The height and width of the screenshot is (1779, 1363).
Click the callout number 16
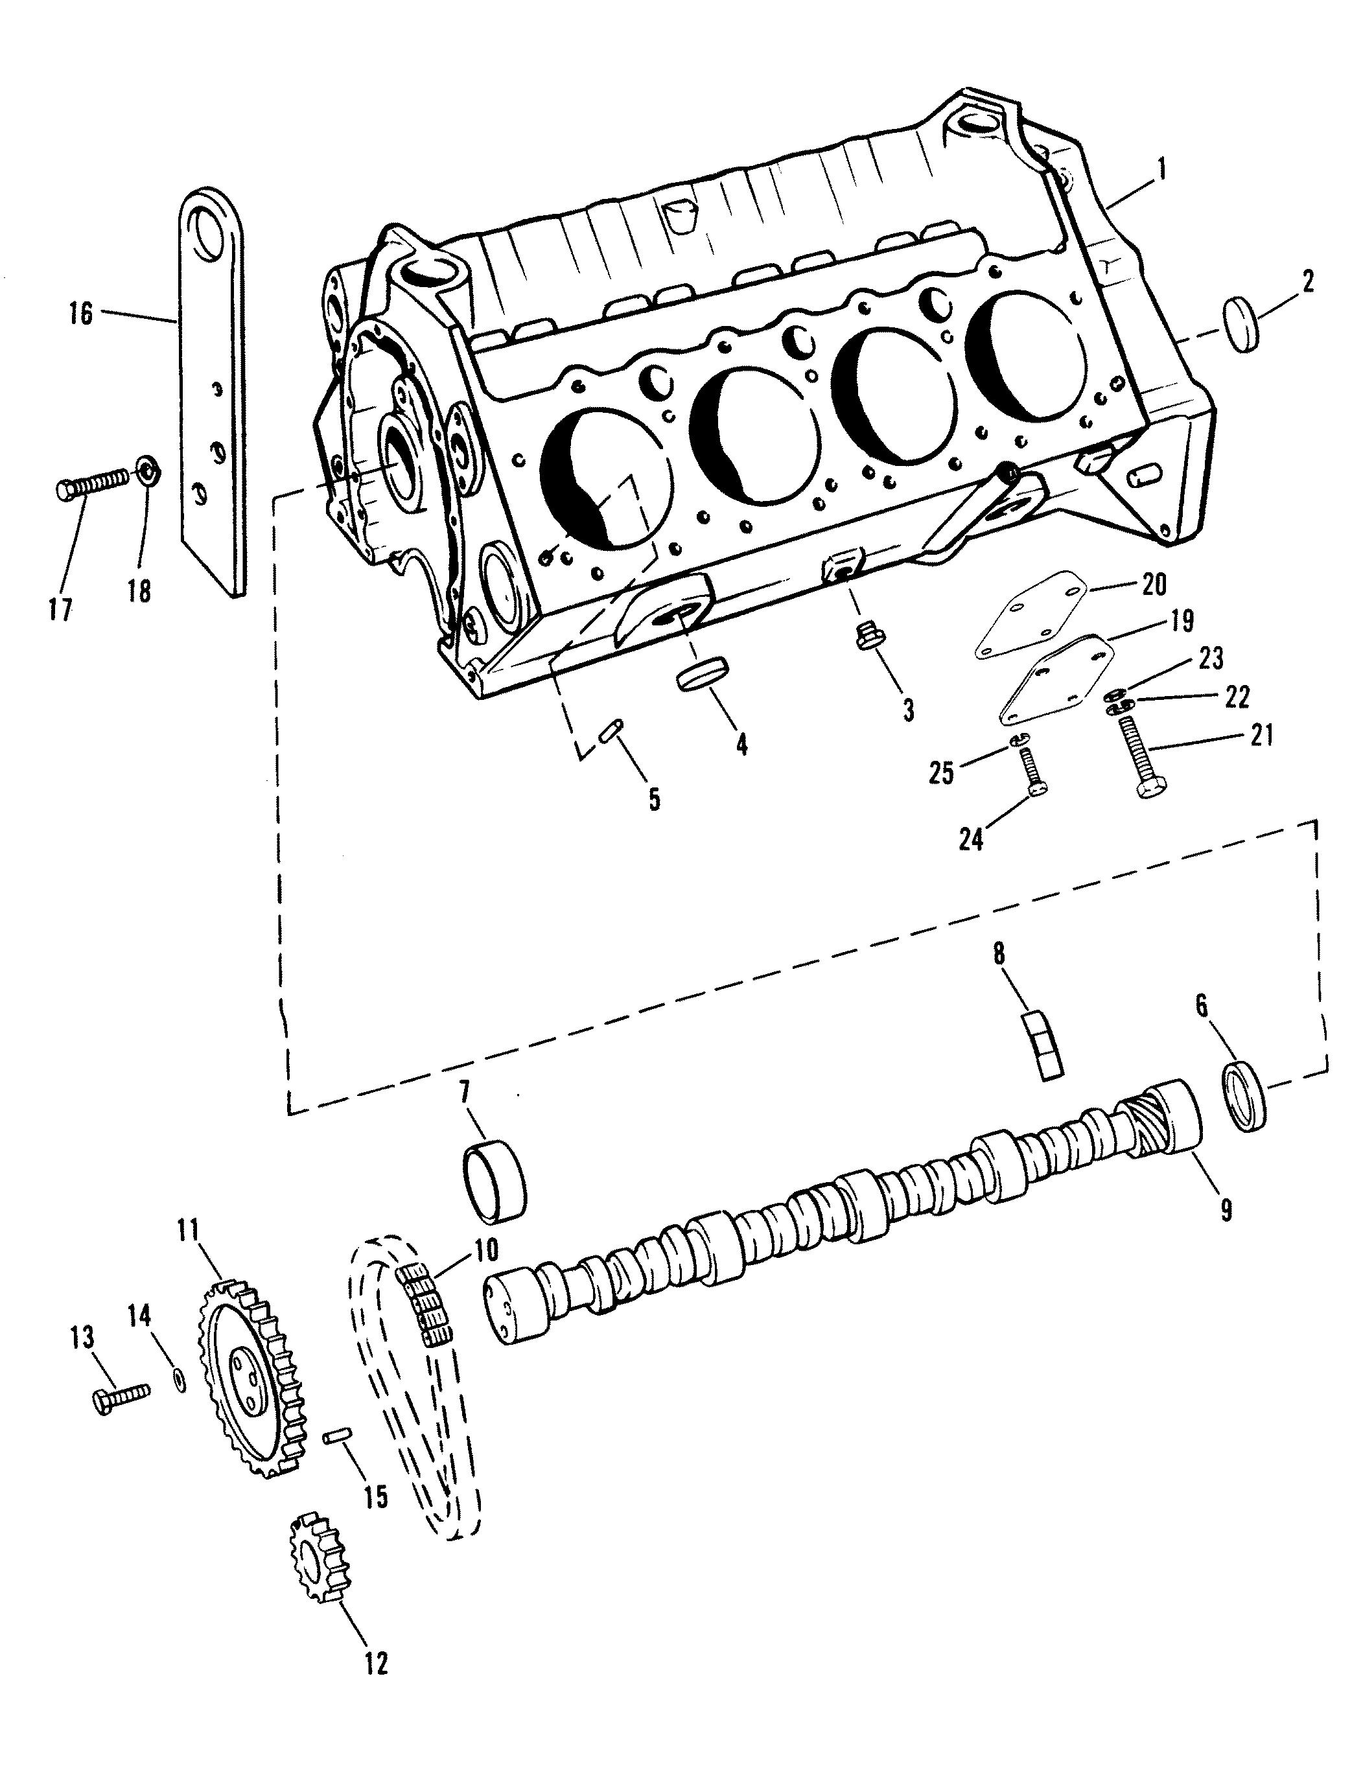coord(81,313)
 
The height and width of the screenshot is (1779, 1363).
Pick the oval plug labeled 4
coord(703,674)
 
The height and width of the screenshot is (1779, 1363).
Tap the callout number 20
coord(1154,584)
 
